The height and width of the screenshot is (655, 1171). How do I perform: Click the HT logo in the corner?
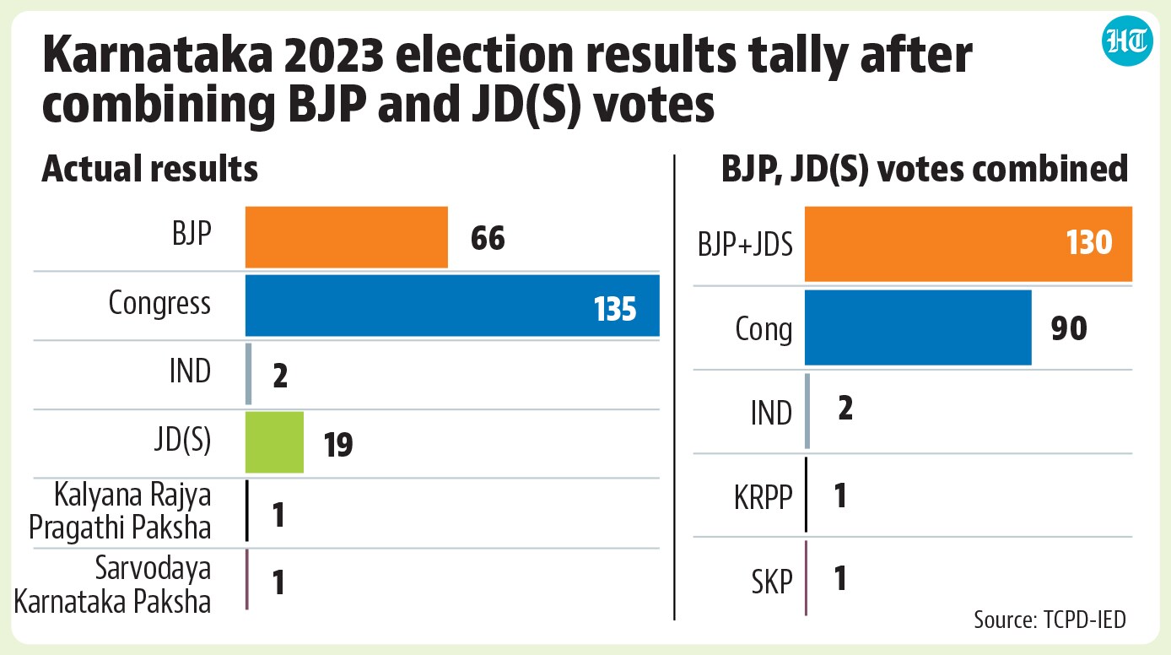click(x=1127, y=41)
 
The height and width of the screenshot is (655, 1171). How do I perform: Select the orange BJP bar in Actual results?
click(x=347, y=237)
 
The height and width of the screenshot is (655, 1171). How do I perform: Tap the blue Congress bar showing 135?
click(x=453, y=306)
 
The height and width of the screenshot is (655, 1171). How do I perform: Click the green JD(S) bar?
click(x=274, y=442)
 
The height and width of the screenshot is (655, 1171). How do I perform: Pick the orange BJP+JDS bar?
click(x=969, y=244)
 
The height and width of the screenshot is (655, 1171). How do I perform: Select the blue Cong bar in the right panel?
click(x=918, y=327)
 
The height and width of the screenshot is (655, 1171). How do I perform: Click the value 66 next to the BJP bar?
click(x=488, y=239)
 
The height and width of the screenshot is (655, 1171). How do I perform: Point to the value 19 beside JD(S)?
click(x=338, y=445)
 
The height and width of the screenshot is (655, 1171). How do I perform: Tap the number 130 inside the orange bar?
click(x=1089, y=242)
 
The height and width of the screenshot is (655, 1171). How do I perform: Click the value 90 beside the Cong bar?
click(x=1069, y=328)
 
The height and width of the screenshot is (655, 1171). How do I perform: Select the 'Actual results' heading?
click(x=150, y=169)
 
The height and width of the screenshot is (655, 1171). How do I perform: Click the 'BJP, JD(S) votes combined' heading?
click(x=925, y=169)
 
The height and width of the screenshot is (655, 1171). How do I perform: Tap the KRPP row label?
click(x=764, y=496)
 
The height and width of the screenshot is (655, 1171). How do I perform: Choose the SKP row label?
click(x=772, y=581)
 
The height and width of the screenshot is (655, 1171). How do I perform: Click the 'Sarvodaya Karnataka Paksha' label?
click(x=112, y=584)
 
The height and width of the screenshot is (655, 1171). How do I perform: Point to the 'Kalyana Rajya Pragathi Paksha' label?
click(x=120, y=512)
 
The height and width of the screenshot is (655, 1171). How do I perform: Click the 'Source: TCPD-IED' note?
click(x=1050, y=620)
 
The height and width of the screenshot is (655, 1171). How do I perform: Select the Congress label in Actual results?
click(x=159, y=304)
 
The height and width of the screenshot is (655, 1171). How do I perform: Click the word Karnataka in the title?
click(x=158, y=55)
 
